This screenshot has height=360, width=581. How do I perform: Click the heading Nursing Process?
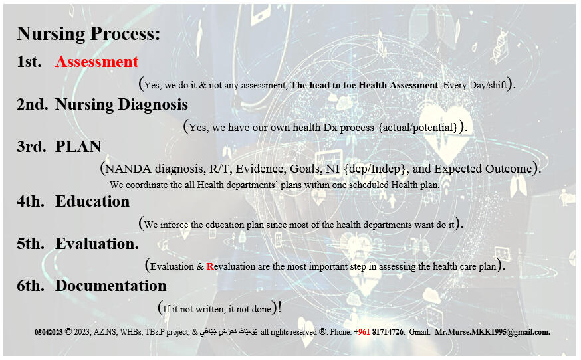pyautogui.click(x=88, y=34)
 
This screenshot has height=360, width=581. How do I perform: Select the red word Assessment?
pyautogui.click(x=97, y=62)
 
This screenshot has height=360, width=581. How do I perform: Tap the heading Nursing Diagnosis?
pyautogui.click(x=121, y=104)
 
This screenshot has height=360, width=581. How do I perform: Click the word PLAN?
pyautogui.click(x=78, y=147)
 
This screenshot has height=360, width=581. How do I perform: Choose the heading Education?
pyautogui.click(x=92, y=201)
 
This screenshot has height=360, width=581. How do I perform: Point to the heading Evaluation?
pyautogui.click(x=96, y=244)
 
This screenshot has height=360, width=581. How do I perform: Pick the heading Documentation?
pyautogui.click(x=110, y=286)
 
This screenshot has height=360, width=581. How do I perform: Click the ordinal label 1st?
pyautogui.click(x=29, y=62)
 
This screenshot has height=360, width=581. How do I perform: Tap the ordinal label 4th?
pyautogui.click(x=31, y=201)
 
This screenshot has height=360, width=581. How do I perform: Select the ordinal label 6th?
pyautogui.click(x=31, y=286)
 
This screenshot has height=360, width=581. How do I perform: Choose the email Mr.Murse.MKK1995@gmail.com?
pyautogui.click(x=492, y=331)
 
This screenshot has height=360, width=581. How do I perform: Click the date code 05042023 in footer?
pyautogui.click(x=49, y=331)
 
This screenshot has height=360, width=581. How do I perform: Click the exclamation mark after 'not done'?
pyautogui.click(x=280, y=308)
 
